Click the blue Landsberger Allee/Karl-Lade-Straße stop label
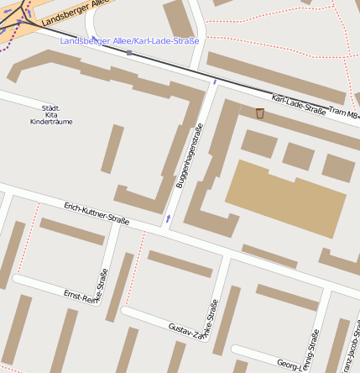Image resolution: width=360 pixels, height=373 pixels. pos(129,41)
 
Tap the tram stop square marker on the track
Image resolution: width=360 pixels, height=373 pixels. pos(129,53)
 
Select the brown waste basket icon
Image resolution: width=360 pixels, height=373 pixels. pos(260,113)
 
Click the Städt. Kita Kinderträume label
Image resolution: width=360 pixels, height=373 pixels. pos(51,115)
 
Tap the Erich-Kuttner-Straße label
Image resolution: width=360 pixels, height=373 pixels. pos(97,213)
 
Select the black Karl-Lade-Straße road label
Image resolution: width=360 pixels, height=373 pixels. pos(299,104)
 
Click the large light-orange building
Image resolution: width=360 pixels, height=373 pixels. pos(285,197)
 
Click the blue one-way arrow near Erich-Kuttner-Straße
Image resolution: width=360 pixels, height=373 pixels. pos(169,218)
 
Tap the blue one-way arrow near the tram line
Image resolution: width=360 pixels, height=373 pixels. pos(215,81)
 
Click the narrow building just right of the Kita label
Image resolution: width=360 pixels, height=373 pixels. pos(112,149)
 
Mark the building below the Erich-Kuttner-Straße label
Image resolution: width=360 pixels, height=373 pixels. pos(71,231)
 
